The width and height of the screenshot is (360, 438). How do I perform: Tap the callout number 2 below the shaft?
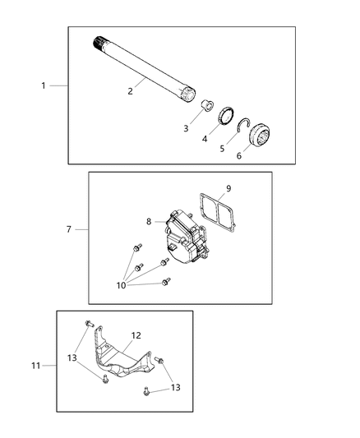tap(130, 91)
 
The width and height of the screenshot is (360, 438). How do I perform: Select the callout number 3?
tap(186, 128)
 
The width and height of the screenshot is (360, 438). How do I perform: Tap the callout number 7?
tap(70, 229)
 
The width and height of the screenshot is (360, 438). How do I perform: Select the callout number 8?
tap(149, 221)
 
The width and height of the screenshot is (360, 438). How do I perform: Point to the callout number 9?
tap(228, 188)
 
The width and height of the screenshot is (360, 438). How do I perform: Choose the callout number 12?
tap(136, 335)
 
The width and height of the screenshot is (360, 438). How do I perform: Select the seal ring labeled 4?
tap(227, 118)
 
